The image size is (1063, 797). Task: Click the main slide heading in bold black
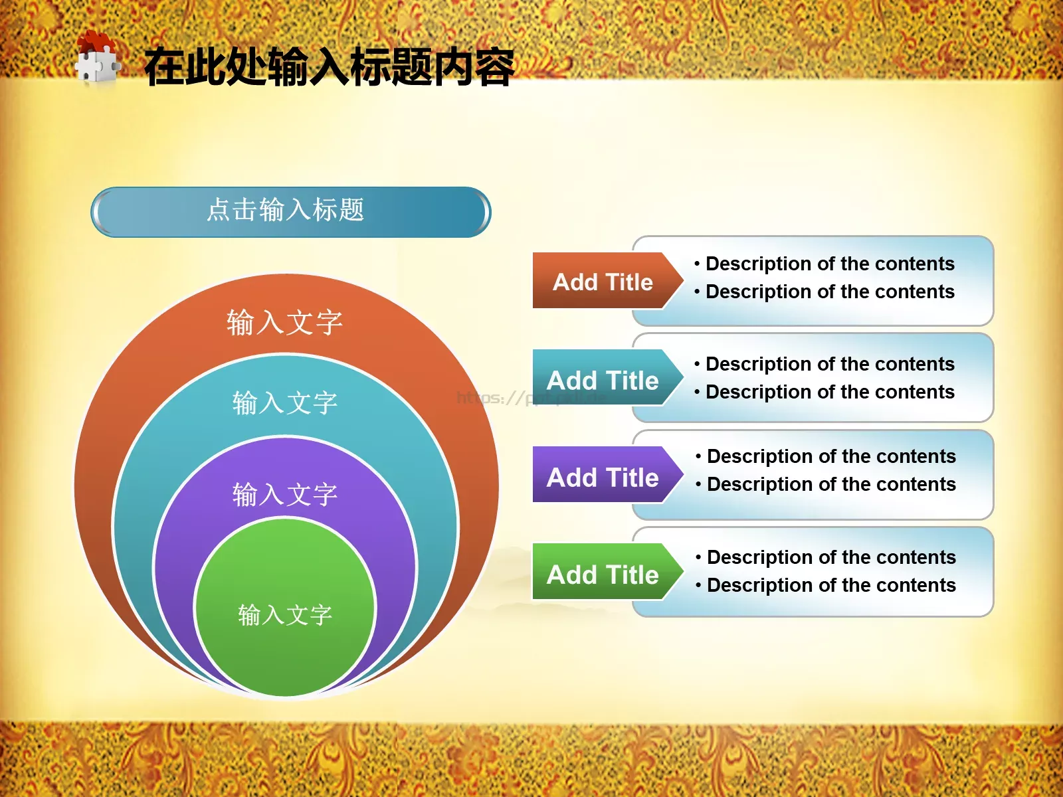click(330, 68)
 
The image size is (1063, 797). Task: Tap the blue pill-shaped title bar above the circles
click(290, 212)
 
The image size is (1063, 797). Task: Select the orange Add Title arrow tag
click(603, 282)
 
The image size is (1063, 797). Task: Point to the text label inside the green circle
click(285, 614)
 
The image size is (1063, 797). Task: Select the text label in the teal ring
click(285, 402)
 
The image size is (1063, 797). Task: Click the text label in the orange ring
click(285, 322)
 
